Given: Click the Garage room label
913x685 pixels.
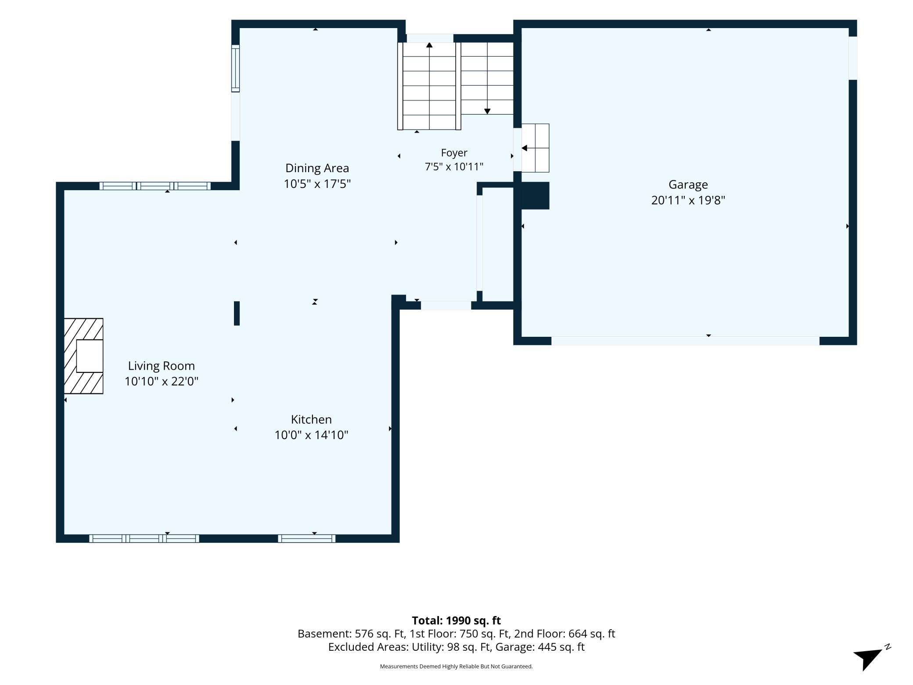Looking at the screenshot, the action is click(688, 184).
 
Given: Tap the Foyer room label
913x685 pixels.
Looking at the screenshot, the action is click(454, 153).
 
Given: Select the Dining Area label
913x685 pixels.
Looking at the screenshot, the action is click(317, 168).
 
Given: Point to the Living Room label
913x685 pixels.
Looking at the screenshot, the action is click(161, 366).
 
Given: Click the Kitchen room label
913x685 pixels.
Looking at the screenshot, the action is click(311, 419).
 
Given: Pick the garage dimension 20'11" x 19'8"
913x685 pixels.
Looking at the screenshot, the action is click(688, 200).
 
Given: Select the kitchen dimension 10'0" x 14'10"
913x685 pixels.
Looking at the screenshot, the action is click(311, 435).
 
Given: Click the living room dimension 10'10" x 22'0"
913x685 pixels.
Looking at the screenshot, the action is click(161, 381).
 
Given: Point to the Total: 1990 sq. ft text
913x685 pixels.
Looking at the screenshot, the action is click(456, 620).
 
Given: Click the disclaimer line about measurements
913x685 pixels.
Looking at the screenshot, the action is click(456, 667).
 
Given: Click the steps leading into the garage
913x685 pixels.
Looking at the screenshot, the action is click(535, 148).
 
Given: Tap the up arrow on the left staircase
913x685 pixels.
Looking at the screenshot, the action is click(429, 45).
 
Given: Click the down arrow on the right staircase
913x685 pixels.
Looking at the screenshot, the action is click(487, 111).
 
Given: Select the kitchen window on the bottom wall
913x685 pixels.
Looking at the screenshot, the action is click(307, 538).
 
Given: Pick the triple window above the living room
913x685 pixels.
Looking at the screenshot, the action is click(155, 186).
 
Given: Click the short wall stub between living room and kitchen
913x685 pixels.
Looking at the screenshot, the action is click(237, 313).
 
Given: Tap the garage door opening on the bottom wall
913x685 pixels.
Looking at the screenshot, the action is click(685, 341).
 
